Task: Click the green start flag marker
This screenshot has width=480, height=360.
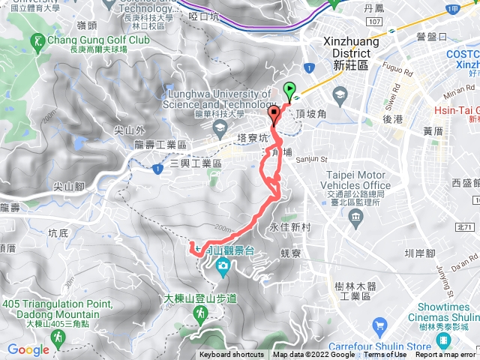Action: [x=290, y=91]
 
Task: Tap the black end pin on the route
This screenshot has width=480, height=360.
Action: [x=274, y=115]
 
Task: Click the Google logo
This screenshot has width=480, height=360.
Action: [x=28, y=349]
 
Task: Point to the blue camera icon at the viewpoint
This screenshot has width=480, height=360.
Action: [x=223, y=266]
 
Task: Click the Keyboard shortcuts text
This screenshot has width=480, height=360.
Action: [x=232, y=355]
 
